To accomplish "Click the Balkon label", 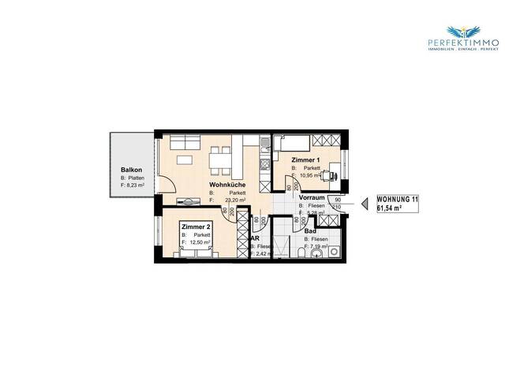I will (x=131, y=171).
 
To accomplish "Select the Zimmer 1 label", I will (x=306, y=159).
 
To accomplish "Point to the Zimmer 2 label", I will (x=196, y=227).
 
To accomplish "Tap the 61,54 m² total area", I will (x=390, y=209).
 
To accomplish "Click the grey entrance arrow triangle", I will (x=365, y=205).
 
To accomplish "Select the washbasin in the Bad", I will (x=335, y=252).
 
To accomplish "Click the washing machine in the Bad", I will (x=335, y=234).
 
